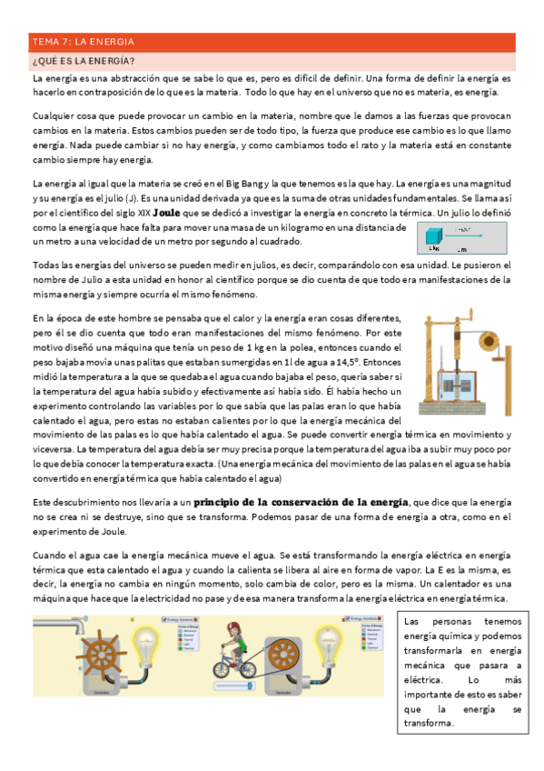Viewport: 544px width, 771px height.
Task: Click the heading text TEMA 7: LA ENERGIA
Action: point(83,42)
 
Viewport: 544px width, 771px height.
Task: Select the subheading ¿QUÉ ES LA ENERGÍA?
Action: point(83,61)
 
